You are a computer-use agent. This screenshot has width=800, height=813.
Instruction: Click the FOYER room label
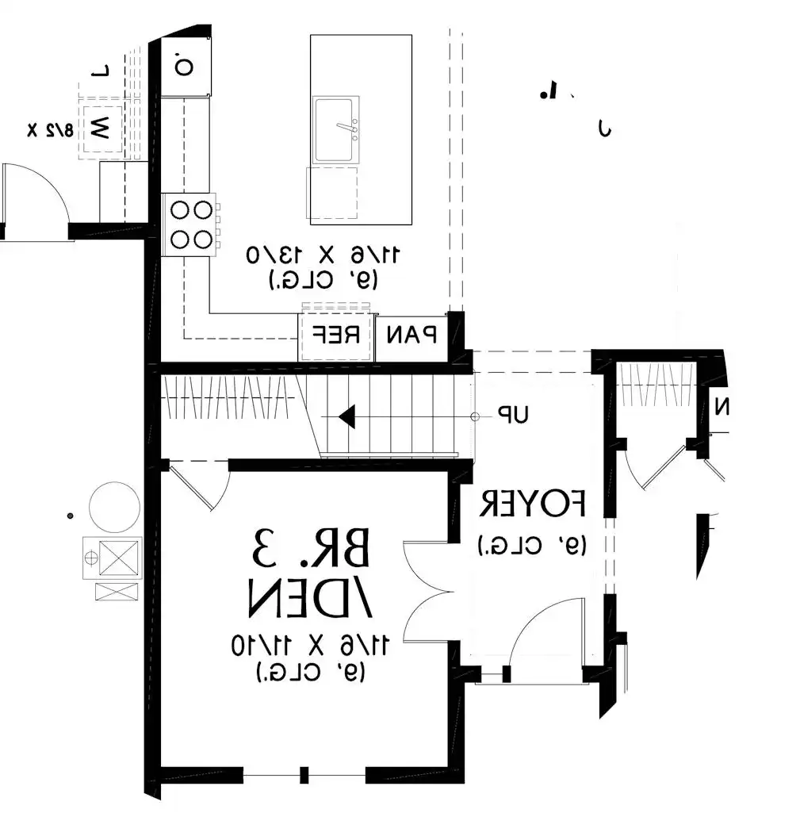532,503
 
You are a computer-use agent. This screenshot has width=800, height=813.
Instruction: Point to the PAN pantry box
411,335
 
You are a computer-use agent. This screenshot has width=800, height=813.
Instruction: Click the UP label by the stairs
514,415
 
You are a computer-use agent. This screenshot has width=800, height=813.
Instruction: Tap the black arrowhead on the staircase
346,416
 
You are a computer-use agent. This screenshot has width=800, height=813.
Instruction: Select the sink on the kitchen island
335,129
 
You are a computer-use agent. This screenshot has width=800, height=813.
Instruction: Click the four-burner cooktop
191,224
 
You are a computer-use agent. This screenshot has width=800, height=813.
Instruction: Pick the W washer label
100,127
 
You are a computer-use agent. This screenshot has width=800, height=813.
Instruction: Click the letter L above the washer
100,72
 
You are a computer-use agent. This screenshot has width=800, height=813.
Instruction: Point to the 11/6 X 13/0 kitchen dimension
323,255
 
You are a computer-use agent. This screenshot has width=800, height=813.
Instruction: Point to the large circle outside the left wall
114,507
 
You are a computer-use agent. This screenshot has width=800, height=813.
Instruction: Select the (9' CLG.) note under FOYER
532,546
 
